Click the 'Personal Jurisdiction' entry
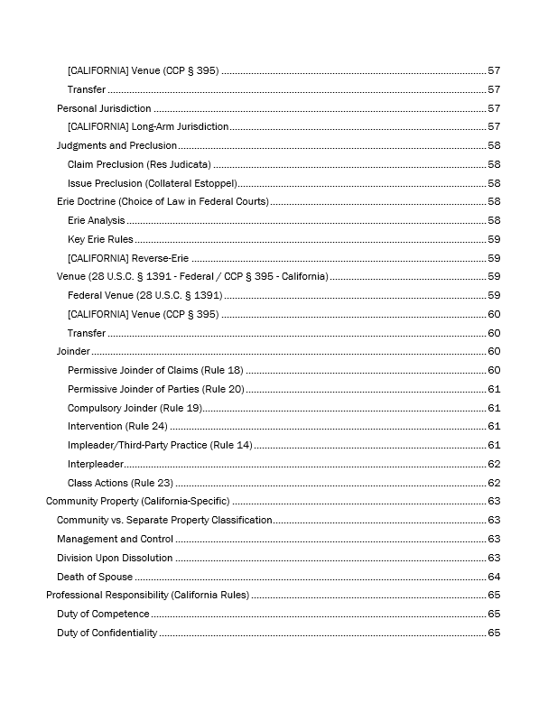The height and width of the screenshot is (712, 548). tap(104, 108)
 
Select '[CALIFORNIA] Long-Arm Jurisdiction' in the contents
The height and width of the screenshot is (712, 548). tap(148, 127)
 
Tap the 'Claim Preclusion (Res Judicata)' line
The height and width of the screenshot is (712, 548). tap(139, 164)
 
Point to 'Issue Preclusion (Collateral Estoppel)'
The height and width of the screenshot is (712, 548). tap(152, 183)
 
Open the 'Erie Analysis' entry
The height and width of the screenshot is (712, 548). tap(97, 220)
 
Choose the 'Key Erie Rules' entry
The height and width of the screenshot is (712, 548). tap(100, 239)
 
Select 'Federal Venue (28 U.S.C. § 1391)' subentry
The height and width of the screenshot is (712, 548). tap(144, 295)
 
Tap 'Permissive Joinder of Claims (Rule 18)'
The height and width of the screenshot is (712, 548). tap(155, 370)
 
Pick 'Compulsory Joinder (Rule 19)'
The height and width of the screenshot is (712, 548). tap(135, 408)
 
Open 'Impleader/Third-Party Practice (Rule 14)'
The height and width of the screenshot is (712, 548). tap(160, 445)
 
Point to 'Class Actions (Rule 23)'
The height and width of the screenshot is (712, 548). tap(120, 483)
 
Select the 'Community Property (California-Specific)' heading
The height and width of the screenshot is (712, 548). tap(138, 501)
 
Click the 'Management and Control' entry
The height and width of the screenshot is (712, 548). tap(115, 539)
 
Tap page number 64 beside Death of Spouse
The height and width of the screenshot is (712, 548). tap(494, 577)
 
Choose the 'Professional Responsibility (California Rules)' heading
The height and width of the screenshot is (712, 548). tap(148, 596)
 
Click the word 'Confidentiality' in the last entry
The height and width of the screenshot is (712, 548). tap(125, 633)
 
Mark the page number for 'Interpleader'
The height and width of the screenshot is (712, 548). tap(494, 464)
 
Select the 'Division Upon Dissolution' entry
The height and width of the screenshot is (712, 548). tap(115, 558)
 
